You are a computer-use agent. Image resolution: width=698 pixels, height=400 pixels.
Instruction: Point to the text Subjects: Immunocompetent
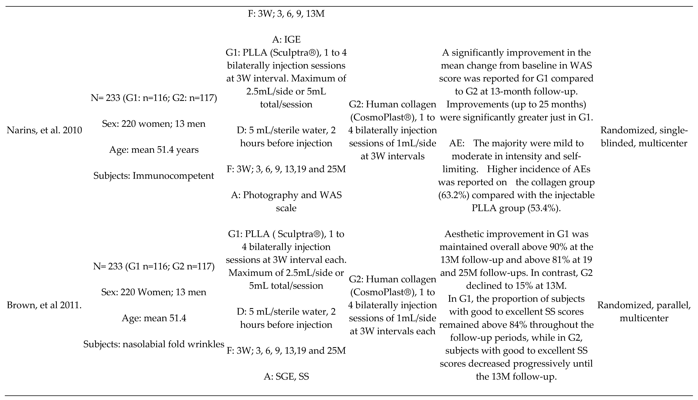coord(154,176)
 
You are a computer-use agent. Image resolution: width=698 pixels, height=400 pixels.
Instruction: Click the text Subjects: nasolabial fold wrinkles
coord(154,344)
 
